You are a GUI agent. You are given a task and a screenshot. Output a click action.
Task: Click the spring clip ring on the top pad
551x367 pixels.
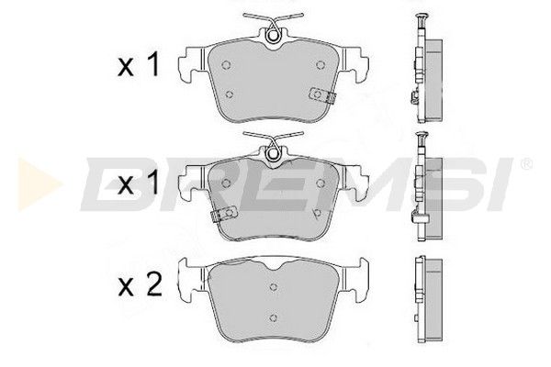[x=273, y=36]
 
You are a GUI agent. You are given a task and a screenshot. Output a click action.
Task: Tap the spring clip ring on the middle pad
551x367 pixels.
[x=273, y=154]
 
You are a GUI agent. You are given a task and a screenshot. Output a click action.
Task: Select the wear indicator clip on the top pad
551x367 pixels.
[x=322, y=95]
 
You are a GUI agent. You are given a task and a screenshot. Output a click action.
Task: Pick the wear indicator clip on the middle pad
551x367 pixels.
[x=224, y=213]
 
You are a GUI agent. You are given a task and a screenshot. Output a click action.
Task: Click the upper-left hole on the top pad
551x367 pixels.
[x=226, y=65]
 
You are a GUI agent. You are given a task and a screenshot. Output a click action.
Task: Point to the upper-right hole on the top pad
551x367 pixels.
[x=320, y=65]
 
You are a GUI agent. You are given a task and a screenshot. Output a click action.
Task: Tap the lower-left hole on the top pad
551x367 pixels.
[x=229, y=95]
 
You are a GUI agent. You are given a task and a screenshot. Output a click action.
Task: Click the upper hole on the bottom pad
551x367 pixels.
[x=274, y=287]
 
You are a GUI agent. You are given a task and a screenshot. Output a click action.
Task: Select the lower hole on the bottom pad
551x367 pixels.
[x=274, y=317]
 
